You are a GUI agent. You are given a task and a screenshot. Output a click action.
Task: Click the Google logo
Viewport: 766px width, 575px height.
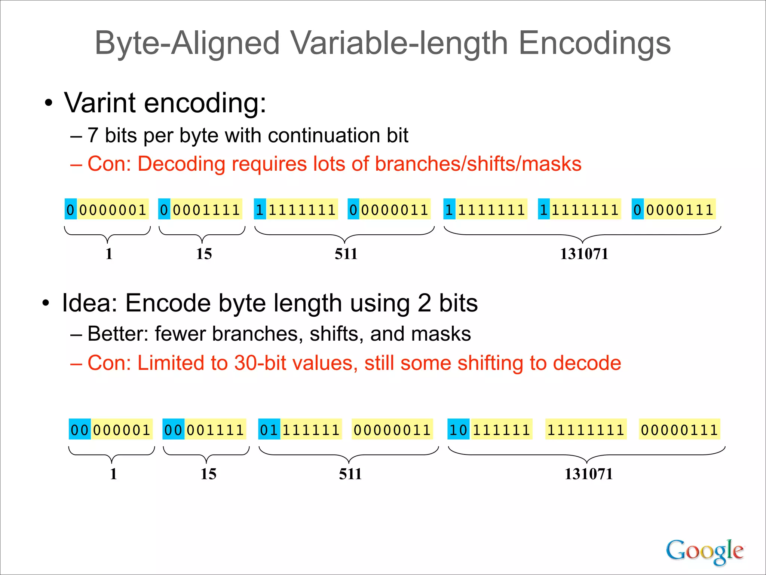pos(704,551)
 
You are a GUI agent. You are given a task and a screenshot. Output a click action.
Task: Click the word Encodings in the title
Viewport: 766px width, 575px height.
pos(594,43)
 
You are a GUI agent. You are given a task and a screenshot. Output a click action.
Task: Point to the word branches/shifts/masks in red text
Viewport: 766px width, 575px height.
pos(478,164)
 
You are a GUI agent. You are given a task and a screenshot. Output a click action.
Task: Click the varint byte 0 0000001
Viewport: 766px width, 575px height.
pos(107,209)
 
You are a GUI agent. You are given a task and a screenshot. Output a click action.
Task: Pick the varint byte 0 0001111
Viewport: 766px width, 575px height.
pos(200,209)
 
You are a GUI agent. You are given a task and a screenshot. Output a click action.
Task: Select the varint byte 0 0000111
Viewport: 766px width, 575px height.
pos(674,209)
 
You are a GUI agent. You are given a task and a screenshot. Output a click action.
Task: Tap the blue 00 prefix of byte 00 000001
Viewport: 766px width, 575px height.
pos(80,429)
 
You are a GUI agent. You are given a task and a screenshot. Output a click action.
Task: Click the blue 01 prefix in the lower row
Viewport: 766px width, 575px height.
pos(269,429)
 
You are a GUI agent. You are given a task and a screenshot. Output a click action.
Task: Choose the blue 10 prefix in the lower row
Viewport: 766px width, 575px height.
pos(458,429)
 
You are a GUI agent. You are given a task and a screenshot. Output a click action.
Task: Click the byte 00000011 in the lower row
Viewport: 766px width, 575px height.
pos(392,429)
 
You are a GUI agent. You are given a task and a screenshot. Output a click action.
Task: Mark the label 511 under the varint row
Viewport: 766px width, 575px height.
pos(346,254)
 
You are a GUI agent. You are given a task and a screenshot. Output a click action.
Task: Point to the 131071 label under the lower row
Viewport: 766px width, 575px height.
pos(588,474)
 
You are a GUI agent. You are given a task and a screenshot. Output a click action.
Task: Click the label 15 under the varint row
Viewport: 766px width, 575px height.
pos(204,254)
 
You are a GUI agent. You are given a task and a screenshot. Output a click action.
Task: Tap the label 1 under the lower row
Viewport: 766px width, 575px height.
pos(113,474)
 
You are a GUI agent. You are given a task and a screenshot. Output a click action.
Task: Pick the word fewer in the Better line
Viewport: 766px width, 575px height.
pos(180,334)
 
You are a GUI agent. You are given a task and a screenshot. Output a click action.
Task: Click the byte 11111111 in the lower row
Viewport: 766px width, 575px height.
pos(586,429)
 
